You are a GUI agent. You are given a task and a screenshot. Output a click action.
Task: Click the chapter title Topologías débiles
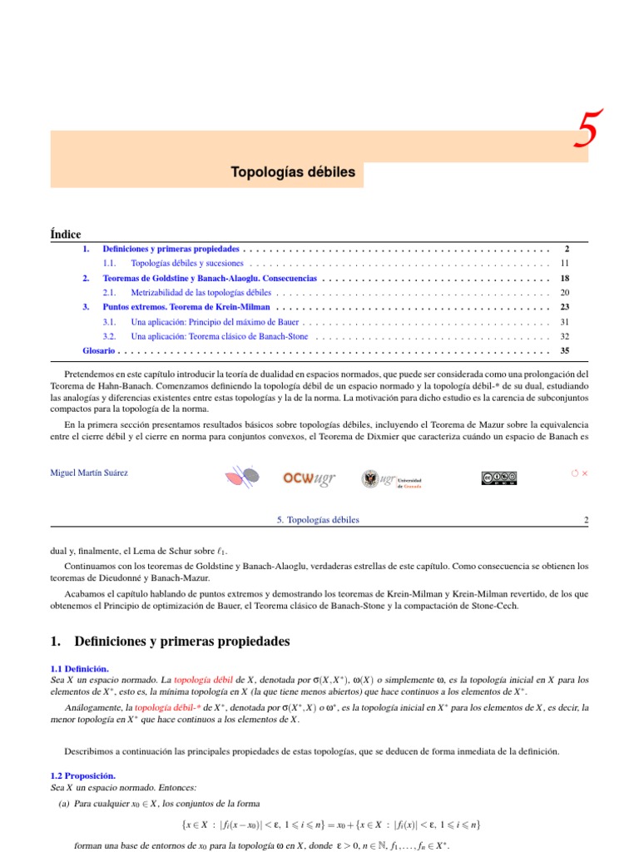[x=292, y=172]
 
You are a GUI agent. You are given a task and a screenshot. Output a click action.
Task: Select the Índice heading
[x=66, y=234]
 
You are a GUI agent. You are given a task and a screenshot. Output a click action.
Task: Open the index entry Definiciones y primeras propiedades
[x=171, y=249]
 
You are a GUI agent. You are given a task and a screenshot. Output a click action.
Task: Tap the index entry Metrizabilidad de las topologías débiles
[x=201, y=292]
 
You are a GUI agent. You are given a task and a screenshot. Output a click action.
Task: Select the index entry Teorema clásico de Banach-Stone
[x=219, y=336]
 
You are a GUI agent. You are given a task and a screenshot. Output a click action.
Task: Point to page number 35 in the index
[x=564, y=350]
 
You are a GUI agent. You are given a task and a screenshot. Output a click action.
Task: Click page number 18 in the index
[x=564, y=278]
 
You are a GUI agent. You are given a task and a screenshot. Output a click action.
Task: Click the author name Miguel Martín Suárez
[x=90, y=473]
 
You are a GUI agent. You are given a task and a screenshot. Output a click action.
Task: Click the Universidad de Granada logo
[x=390, y=478]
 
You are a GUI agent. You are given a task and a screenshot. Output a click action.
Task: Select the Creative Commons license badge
[x=498, y=478]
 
